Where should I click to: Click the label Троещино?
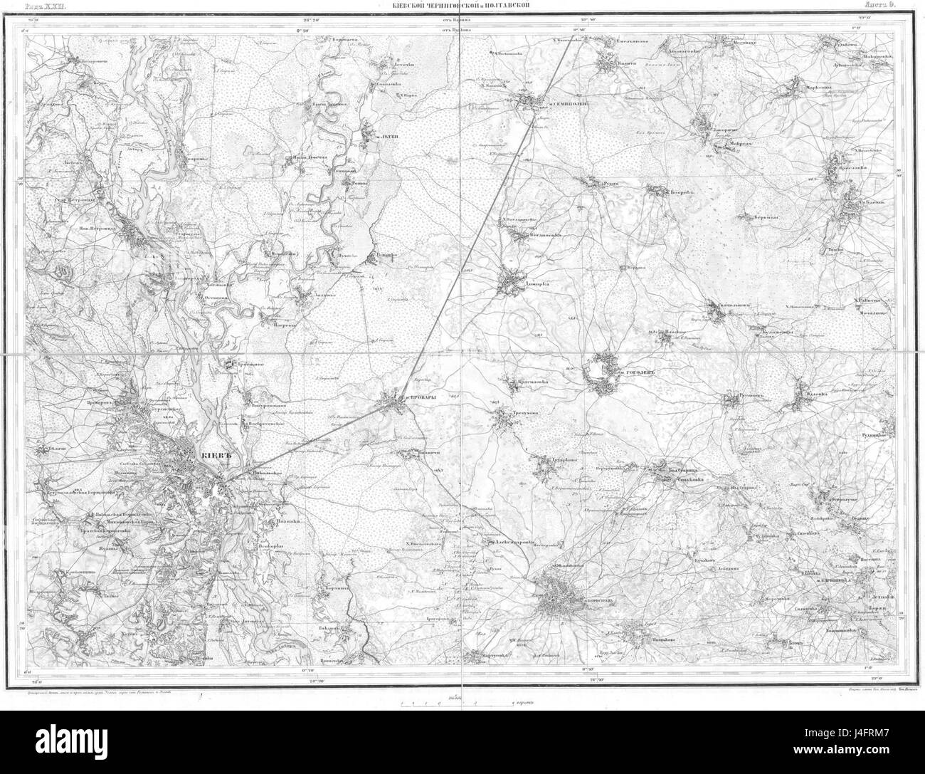tap(250, 362)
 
